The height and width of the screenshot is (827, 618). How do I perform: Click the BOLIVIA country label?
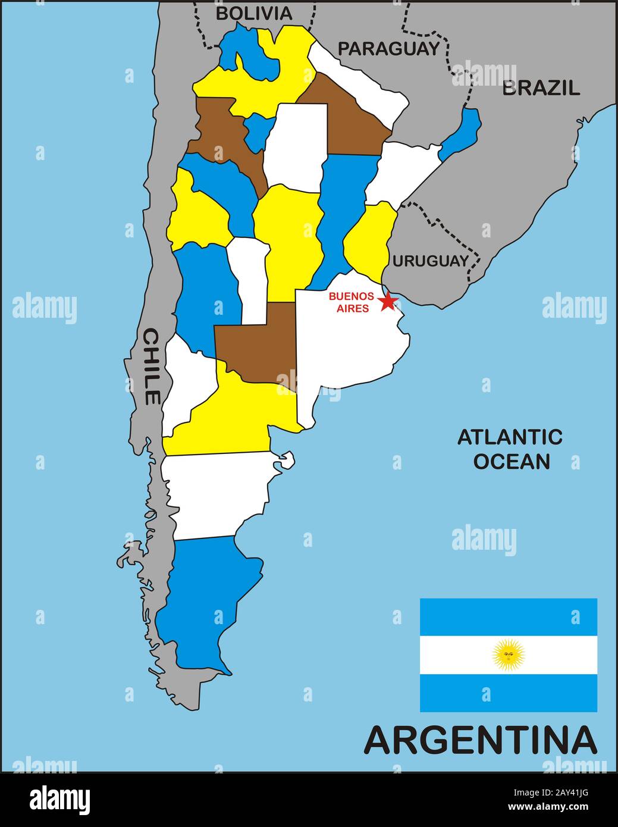click(254, 13)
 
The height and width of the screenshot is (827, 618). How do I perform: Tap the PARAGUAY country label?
click(389, 48)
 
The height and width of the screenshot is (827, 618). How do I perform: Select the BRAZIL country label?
click(541, 88)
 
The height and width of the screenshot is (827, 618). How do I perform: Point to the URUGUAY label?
click(430, 261)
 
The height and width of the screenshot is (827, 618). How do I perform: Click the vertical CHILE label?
click(151, 366)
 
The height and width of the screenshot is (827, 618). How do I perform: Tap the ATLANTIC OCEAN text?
click(510, 449)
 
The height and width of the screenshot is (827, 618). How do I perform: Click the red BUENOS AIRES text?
click(351, 302)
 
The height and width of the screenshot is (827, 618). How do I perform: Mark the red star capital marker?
click(388, 301)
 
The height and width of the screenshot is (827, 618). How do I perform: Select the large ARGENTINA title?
click(480, 740)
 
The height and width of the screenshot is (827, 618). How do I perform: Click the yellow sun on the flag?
click(509, 655)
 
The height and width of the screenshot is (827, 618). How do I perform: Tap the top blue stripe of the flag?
click(509, 617)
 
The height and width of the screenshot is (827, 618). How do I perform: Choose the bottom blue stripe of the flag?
click(509, 693)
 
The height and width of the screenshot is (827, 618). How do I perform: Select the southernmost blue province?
click(208, 601)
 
